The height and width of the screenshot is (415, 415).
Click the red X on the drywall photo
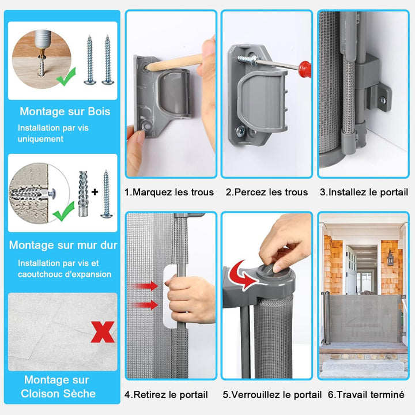pos(103,332)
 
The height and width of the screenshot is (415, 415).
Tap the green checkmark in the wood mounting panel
pos(66,77)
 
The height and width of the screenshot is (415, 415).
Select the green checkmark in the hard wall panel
pos(63,212)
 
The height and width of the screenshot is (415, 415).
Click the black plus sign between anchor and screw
pos(95,192)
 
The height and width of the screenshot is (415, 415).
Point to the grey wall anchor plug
pos(83,194)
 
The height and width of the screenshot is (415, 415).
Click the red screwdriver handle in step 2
pos(304,69)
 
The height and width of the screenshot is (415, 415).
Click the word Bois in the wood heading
pos(99,111)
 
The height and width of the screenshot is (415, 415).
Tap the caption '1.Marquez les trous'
pos(169,192)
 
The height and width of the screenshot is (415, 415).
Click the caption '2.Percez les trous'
pos(267,192)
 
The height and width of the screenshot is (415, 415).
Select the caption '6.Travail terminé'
pos(366,395)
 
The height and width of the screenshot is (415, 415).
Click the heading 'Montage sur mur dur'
pos(63,245)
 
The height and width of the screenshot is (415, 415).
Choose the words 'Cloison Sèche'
pos(58,394)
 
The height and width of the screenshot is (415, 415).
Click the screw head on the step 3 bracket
pos(383,100)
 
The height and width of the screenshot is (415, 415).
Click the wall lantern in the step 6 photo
pos(390,258)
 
